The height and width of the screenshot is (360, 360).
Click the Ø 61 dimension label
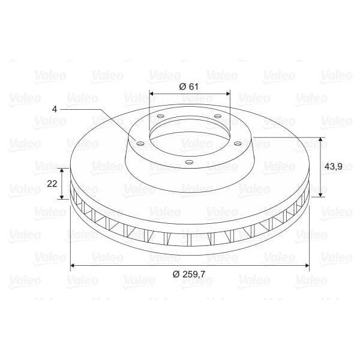[x=188, y=87]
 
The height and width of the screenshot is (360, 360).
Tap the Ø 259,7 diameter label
[x=189, y=274]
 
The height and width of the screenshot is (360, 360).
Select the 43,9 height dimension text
[x=333, y=166]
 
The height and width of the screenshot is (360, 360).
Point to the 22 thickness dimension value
[x=52, y=184]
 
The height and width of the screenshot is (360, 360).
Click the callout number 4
[x=55, y=109]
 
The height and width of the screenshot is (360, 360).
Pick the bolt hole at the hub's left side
[x=140, y=144]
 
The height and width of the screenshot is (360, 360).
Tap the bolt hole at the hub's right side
[x=238, y=144]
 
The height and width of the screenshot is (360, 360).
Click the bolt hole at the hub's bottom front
[x=189, y=163]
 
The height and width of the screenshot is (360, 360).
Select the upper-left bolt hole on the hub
[x=161, y=116]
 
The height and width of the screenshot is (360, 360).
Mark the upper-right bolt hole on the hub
[x=218, y=116]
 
